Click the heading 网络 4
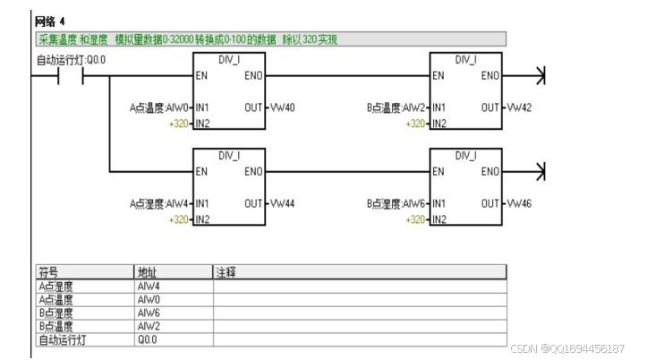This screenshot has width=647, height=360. tap(49, 20)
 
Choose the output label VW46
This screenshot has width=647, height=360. tap(518, 203)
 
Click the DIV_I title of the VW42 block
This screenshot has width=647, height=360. tap(465, 59)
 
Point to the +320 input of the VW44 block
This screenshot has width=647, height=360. tap(179, 219)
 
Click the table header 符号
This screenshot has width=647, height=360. tap(49, 270)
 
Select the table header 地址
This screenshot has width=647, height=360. tap(147, 270)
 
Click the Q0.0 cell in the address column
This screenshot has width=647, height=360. tap(147, 339)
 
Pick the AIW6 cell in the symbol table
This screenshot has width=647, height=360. tap(149, 313)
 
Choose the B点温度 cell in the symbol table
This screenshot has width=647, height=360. tap(55, 327)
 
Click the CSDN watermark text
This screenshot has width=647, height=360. tap(566, 348)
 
